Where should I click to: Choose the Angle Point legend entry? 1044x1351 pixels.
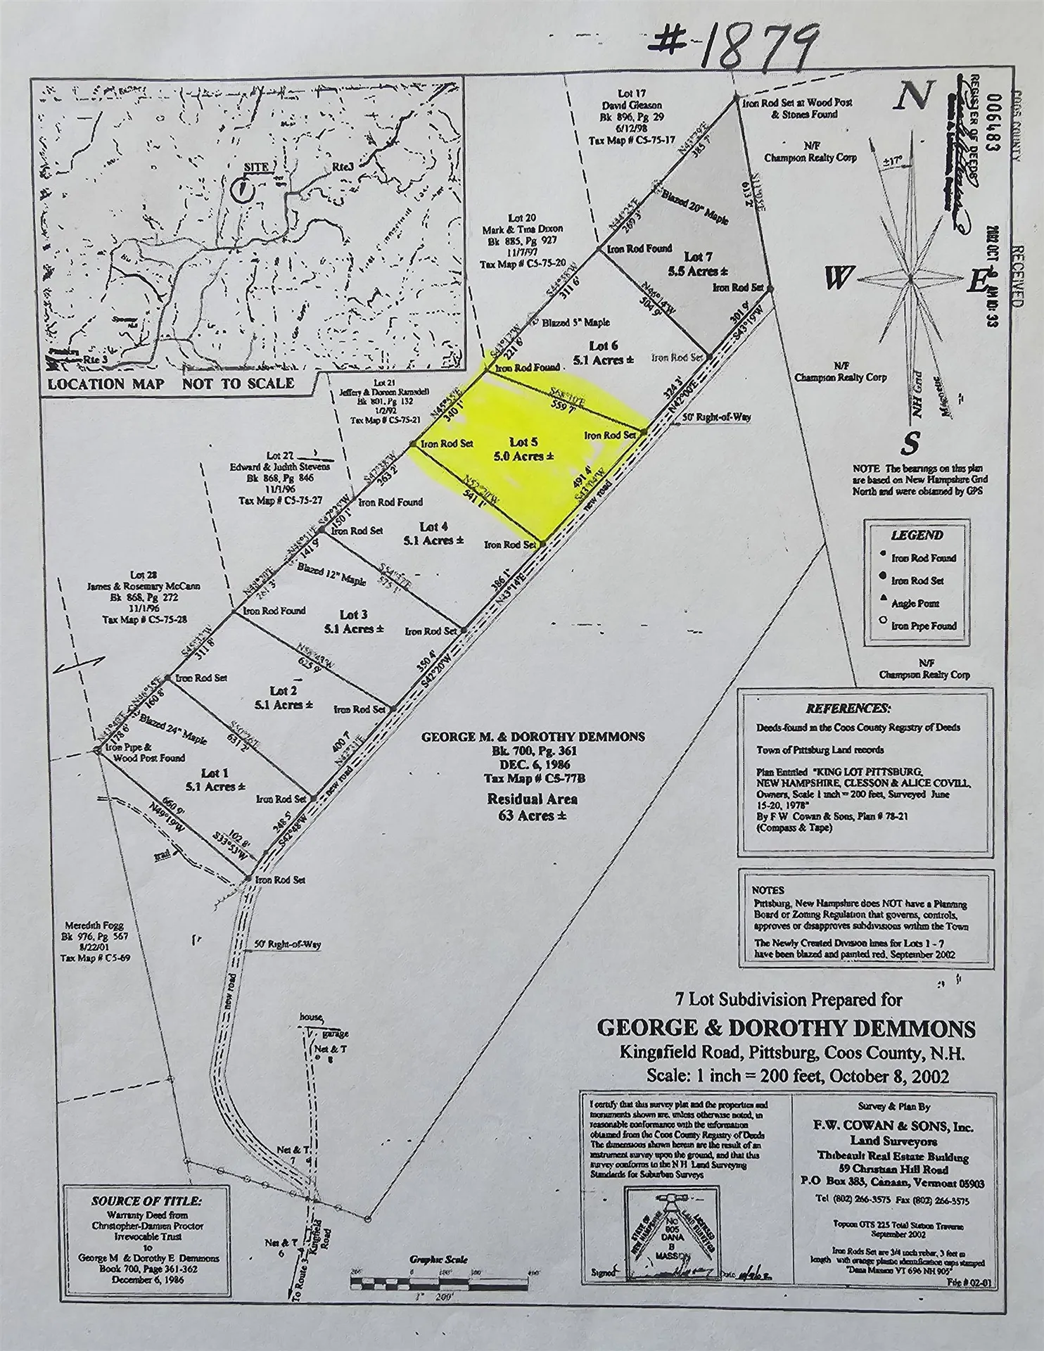click(915, 603)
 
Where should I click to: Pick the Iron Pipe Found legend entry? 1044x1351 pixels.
click(923, 626)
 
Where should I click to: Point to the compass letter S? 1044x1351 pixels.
click(911, 443)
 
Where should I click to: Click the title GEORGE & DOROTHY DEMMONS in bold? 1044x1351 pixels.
click(786, 1029)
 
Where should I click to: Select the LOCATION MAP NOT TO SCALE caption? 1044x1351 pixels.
click(171, 383)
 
